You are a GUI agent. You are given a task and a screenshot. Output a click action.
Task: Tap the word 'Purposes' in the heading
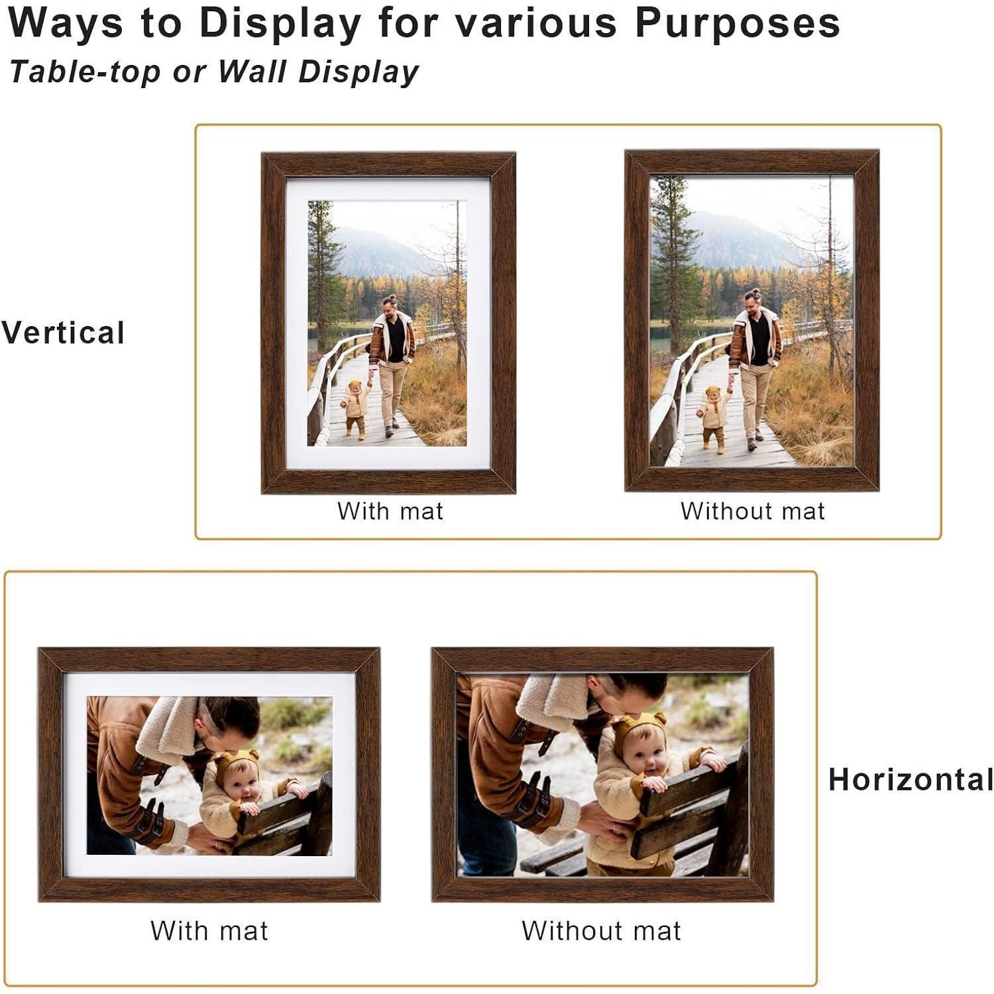click(738, 24)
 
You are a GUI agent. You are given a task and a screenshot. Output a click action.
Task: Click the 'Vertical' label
click(63, 333)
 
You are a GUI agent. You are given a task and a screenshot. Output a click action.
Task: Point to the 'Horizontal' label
click(911, 779)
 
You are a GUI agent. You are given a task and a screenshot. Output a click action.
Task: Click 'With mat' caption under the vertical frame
click(390, 511)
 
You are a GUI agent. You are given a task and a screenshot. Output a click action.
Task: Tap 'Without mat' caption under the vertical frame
click(752, 511)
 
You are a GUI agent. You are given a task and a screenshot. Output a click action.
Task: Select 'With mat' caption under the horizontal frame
click(209, 930)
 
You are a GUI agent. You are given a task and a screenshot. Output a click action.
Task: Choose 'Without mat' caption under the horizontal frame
click(602, 930)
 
